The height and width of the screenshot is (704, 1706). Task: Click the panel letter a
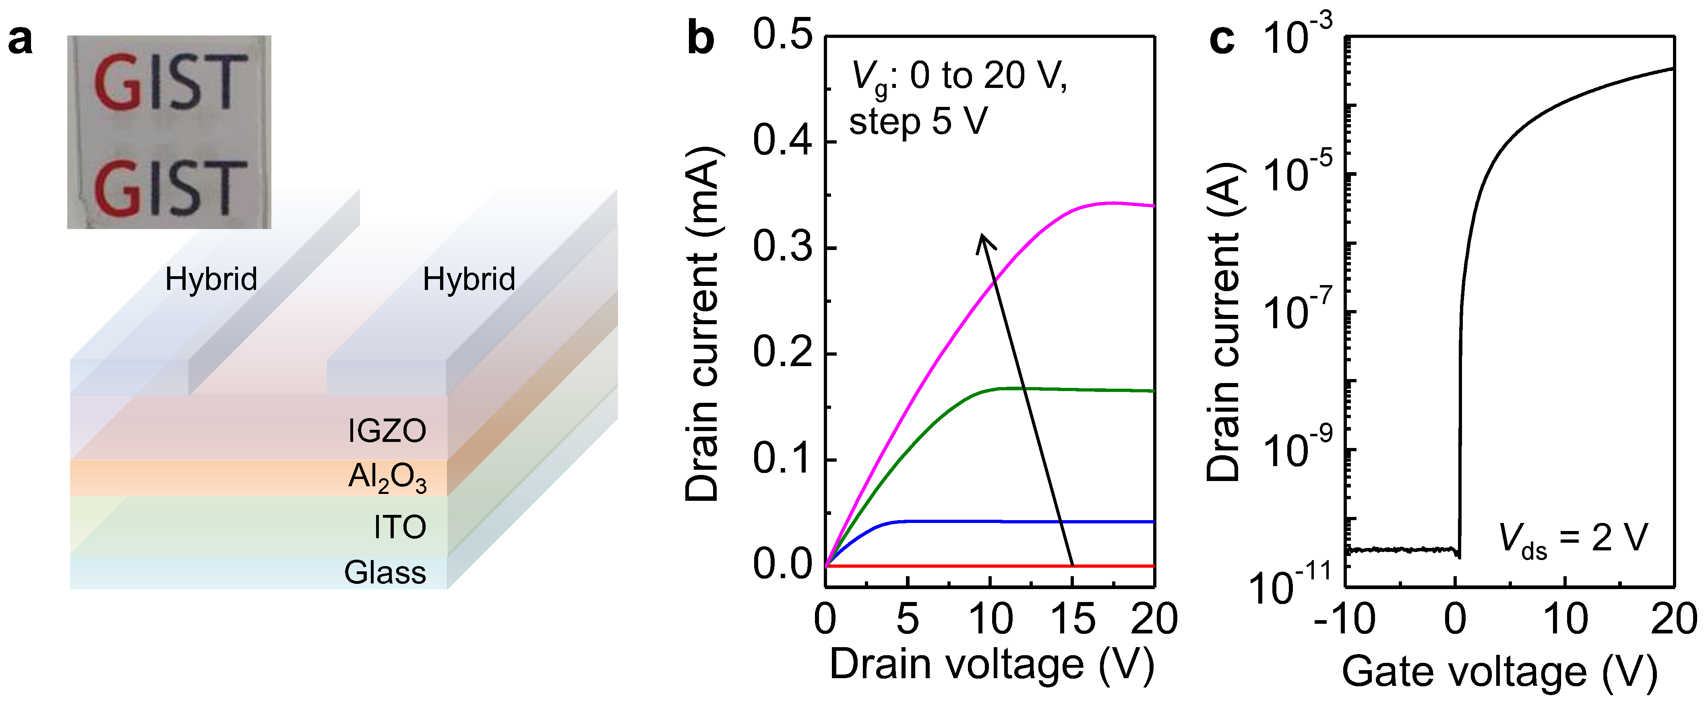pos(20,41)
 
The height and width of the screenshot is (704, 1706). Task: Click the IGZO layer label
pos(387,431)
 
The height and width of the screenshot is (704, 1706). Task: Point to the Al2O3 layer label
pos(387,477)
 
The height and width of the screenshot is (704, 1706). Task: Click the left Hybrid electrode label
pos(211,279)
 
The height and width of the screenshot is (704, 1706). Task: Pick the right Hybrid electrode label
pos(468,279)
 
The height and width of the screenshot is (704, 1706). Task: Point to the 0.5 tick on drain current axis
pos(782,34)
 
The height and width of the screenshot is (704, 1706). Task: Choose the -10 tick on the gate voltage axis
pos(1344,619)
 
